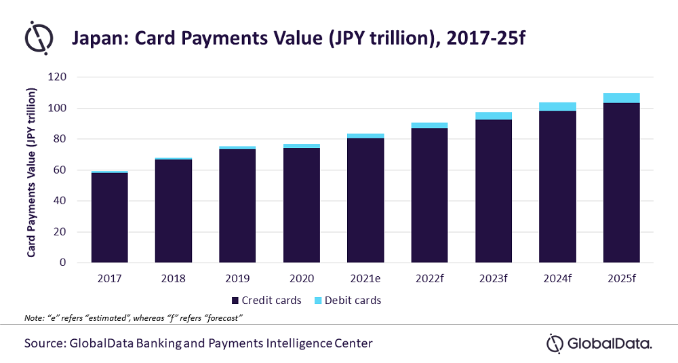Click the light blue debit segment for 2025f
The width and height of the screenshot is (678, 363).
click(621, 98)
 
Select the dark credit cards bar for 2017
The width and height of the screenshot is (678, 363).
click(109, 218)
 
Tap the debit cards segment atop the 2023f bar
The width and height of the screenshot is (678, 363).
click(494, 116)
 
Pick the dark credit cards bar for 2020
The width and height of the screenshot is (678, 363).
click(302, 205)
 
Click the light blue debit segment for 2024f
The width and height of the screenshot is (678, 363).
click(557, 107)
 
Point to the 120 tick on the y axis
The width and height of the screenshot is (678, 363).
click(58, 77)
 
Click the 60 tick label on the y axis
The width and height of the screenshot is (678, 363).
click(60, 170)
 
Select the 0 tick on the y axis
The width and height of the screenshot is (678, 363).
click(63, 263)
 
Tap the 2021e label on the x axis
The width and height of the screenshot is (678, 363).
click(365, 278)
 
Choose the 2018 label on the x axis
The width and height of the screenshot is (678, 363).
click(174, 278)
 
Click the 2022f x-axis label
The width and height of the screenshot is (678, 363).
click(429, 278)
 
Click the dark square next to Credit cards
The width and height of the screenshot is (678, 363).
click(235, 301)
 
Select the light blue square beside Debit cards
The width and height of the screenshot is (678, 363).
click(318, 301)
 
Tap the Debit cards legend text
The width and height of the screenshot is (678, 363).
click(353, 301)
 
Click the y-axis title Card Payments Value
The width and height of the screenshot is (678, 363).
click(31, 172)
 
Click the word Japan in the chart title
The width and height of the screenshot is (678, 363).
click(99, 39)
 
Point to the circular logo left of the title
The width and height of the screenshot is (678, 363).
click(39, 37)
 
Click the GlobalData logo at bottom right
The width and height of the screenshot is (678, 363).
click(599, 344)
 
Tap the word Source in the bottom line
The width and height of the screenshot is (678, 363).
click(45, 343)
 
